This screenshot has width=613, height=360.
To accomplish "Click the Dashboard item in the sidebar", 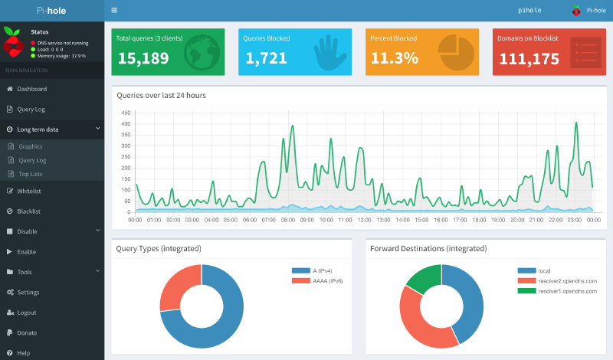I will click(x=31, y=90).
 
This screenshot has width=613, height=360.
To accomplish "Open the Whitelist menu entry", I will click(x=28, y=191).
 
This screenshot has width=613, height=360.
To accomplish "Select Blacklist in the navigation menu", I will click(x=28, y=211).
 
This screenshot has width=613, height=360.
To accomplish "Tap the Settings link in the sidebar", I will click(x=28, y=293).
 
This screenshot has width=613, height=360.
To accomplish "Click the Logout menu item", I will click(x=27, y=313).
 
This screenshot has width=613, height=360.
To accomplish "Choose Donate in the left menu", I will click(x=27, y=333).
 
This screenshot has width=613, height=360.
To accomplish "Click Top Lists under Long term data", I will click(x=31, y=175).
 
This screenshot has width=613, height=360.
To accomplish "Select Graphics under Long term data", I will click(x=31, y=146).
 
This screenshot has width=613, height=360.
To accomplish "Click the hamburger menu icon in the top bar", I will click(x=114, y=11).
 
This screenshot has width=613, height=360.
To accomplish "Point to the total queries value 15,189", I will click(x=143, y=58).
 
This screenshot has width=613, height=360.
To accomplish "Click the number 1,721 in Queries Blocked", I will click(x=265, y=58).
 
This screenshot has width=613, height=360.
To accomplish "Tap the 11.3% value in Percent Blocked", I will click(x=394, y=58).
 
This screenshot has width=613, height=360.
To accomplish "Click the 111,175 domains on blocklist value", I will click(x=529, y=58).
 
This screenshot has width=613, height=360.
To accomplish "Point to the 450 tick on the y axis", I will click(x=126, y=113).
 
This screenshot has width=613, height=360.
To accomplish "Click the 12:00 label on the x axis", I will click(x=365, y=220).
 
